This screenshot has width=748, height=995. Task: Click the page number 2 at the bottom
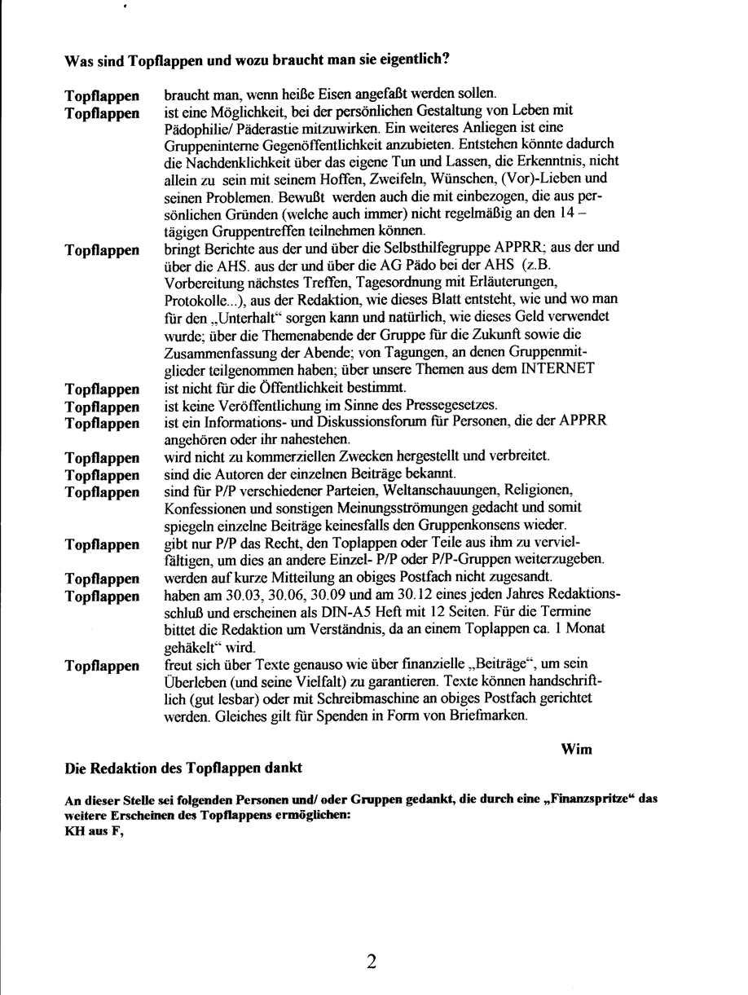tap(371, 962)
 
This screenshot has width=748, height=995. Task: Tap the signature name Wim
tap(577, 749)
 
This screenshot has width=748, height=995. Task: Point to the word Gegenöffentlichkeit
tap(288, 145)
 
